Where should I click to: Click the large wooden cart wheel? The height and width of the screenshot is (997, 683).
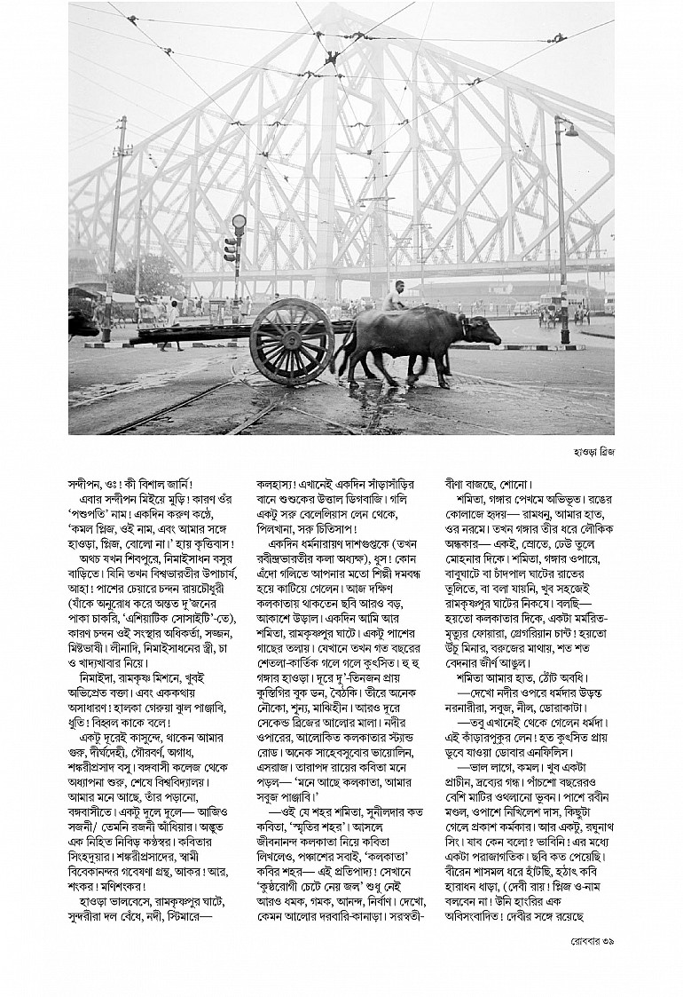(x=291, y=341)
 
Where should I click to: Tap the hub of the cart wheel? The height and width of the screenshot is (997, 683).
(x=291, y=342)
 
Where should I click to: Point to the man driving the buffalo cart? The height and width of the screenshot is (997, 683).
(x=394, y=297)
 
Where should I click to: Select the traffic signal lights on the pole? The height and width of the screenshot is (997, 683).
(x=232, y=249)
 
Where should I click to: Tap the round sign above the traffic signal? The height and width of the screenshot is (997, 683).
(x=238, y=221)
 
